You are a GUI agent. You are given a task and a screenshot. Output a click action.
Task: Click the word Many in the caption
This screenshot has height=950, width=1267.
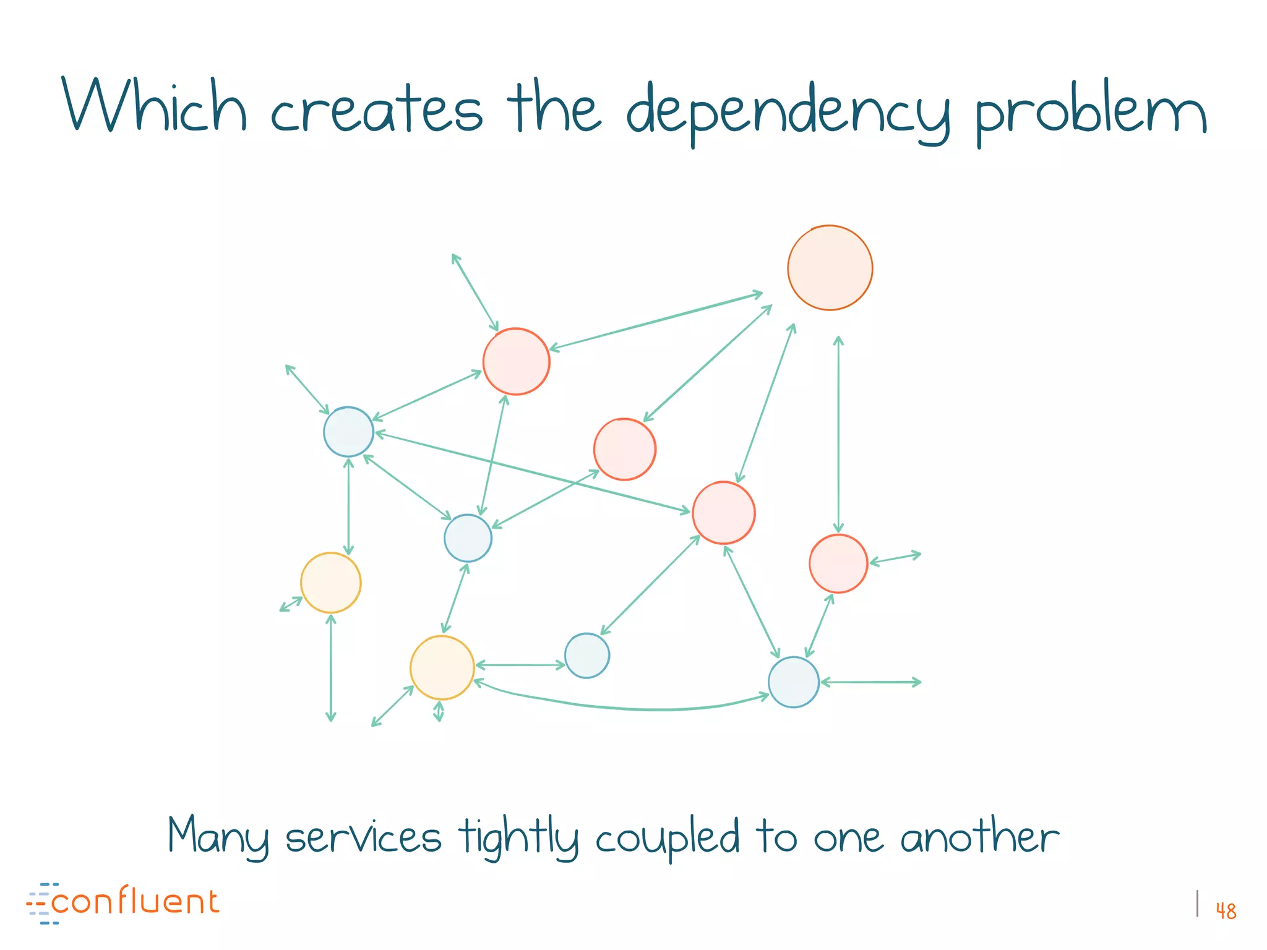(x=218, y=836)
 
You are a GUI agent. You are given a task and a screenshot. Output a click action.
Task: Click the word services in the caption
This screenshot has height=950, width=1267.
(x=363, y=837)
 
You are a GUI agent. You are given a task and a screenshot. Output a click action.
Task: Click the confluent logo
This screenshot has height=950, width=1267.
(x=124, y=903)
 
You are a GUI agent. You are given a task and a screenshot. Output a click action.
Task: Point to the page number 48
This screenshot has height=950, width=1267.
(x=1226, y=911)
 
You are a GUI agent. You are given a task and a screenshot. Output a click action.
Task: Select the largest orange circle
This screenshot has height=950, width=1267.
(x=830, y=268)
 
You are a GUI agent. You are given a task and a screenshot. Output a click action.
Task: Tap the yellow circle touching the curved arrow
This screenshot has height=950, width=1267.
(x=442, y=667)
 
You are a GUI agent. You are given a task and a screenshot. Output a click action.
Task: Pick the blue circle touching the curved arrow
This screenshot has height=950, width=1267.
(x=793, y=682)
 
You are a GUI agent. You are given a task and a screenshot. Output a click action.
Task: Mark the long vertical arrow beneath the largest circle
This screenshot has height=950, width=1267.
(x=838, y=433)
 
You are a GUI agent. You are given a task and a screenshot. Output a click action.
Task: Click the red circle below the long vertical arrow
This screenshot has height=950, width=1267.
(x=838, y=563)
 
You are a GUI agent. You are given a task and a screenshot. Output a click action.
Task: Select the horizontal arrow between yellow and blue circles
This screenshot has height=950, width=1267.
(x=520, y=665)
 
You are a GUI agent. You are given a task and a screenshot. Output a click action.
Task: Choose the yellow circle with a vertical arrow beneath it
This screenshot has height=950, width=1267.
(x=330, y=583)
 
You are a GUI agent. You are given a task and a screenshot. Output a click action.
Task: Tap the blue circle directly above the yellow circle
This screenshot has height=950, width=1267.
(x=348, y=432)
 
